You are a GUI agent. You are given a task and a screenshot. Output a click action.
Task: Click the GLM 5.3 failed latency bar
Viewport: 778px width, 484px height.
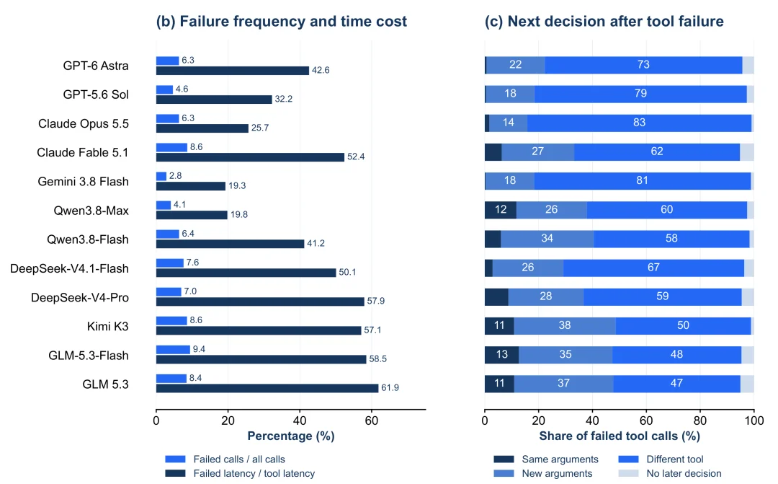[267, 388]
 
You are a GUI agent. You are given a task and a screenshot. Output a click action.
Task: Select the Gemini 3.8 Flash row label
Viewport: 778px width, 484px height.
[83, 181]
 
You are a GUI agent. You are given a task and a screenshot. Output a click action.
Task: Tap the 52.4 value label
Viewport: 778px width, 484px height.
[356, 157]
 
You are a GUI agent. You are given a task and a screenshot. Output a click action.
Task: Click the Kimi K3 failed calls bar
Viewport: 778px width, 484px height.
[171, 320]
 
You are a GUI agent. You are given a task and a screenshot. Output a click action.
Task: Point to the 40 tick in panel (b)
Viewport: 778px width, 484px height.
[300, 421]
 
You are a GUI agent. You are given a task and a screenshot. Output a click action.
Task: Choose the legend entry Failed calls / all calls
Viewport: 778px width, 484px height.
[225, 459]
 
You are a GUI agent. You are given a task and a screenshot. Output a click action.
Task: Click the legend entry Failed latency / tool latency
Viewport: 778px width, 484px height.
[240, 474]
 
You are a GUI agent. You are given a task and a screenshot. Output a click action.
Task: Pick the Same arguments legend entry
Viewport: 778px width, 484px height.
[546, 459]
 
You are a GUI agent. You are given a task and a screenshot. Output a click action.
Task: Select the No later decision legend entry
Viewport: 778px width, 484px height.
[670, 474]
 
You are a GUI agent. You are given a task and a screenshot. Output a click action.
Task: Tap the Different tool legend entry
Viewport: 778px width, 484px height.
[661, 459]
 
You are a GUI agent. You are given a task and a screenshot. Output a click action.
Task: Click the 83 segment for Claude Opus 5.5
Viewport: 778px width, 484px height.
[640, 123]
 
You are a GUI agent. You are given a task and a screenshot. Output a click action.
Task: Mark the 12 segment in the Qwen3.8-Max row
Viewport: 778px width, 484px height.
[501, 210]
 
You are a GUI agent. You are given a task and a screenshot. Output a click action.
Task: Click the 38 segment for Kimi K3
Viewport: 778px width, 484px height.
[565, 325]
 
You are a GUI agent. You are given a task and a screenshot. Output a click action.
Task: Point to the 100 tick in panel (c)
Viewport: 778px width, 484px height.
[754, 421]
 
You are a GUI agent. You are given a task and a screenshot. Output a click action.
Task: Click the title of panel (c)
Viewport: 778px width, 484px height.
[604, 22]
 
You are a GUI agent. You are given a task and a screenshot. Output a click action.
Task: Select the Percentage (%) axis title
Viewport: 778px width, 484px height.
[291, 436]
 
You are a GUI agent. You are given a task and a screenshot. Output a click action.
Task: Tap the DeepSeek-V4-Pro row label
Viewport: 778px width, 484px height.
[80, 298]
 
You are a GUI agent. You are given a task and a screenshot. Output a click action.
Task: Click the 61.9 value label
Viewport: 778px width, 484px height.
[390, 387]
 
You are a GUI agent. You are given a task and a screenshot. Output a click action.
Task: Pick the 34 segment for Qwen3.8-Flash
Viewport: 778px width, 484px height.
[547, 239]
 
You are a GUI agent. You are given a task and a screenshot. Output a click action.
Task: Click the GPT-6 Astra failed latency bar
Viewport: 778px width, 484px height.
[233, 71]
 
